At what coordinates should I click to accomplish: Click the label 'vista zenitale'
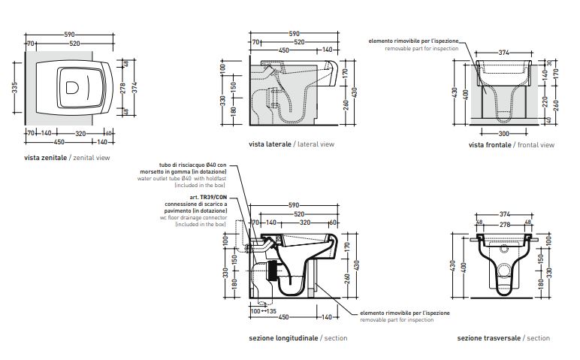pos(45,159)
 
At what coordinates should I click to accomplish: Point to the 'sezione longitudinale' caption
pos(282,338)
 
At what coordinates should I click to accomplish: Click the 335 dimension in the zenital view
pos(13,89)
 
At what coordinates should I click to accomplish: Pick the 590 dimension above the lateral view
pos(294,33)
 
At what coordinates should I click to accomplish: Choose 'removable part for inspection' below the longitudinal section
pos(396,320)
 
